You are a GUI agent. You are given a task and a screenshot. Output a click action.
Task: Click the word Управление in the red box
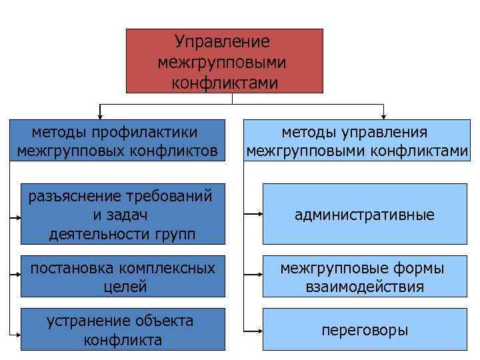[222, 42]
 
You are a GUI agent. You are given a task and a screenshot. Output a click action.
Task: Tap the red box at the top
[225, 61]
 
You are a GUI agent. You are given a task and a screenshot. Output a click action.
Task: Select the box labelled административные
[365, 215]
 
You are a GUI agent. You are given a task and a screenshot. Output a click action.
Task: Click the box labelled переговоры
[365, 329]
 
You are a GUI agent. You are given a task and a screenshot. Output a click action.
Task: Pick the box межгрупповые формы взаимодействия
[365, 277]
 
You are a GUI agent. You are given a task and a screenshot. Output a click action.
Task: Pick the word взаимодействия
[364, 287]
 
